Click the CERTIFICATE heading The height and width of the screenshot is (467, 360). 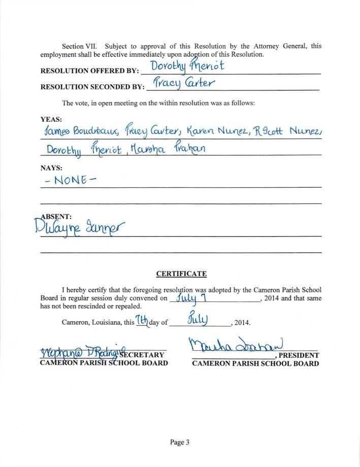click(x=181, y=274)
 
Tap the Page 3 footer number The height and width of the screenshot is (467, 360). click(x=180, y=442)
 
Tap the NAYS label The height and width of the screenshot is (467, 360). click(x=51, y=167)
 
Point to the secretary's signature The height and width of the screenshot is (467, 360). click(x=83, y=352)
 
